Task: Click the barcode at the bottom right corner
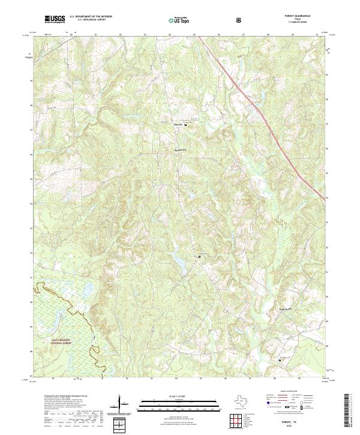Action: (x=350, y=411)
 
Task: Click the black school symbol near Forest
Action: (x=185, y=125)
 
